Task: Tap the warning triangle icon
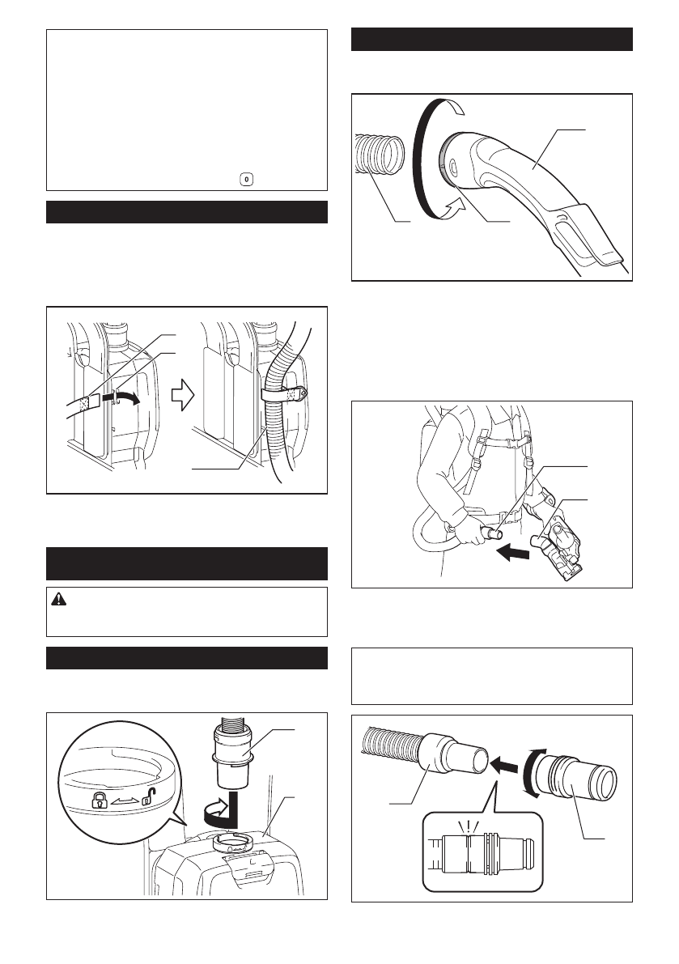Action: (x=60, y=599)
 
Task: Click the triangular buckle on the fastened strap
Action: (x=302, y=394)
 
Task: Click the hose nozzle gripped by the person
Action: (x=489, y=535)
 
